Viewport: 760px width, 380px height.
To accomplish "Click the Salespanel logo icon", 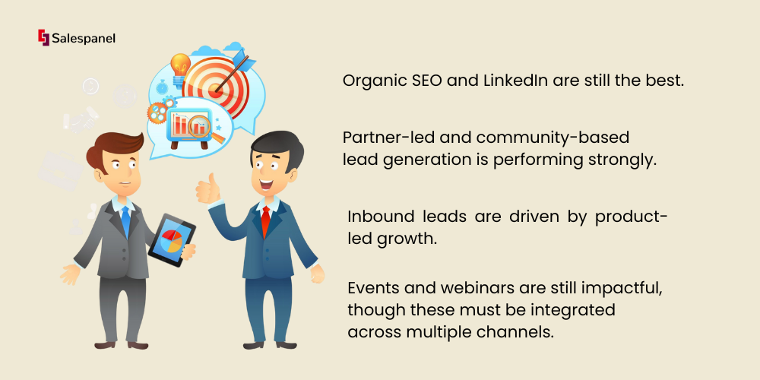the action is tap(43, 37).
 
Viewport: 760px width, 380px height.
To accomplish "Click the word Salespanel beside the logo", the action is tap(84, 38).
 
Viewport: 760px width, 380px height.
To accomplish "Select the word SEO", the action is tap(427, 81).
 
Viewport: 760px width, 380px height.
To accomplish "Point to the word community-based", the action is tap(553, 138).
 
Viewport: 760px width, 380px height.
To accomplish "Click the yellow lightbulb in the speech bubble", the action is tap(180, 68).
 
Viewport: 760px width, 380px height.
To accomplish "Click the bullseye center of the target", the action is tap(215, 89).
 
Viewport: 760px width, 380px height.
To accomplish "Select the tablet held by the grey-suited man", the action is tap(171, 240).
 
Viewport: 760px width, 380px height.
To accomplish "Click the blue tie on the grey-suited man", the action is tap(125, 220).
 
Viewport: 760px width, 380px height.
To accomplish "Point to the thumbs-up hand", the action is tap(208, 189).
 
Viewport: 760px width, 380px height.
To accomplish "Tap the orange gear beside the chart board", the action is tap(157, 112).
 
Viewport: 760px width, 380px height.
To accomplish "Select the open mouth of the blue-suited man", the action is tap(266, 184).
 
